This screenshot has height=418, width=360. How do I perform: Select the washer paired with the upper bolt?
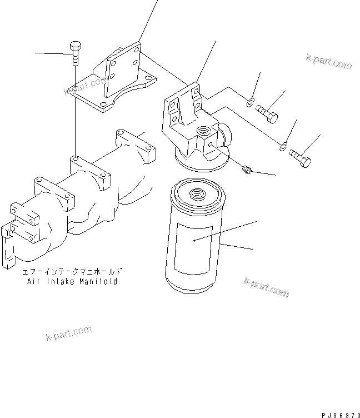click(251, 102)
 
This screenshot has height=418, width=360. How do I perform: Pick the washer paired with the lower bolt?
click(283, 146)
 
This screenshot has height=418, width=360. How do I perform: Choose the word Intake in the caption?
click(58, 282)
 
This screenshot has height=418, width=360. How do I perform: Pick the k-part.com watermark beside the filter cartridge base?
click(266, 287)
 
